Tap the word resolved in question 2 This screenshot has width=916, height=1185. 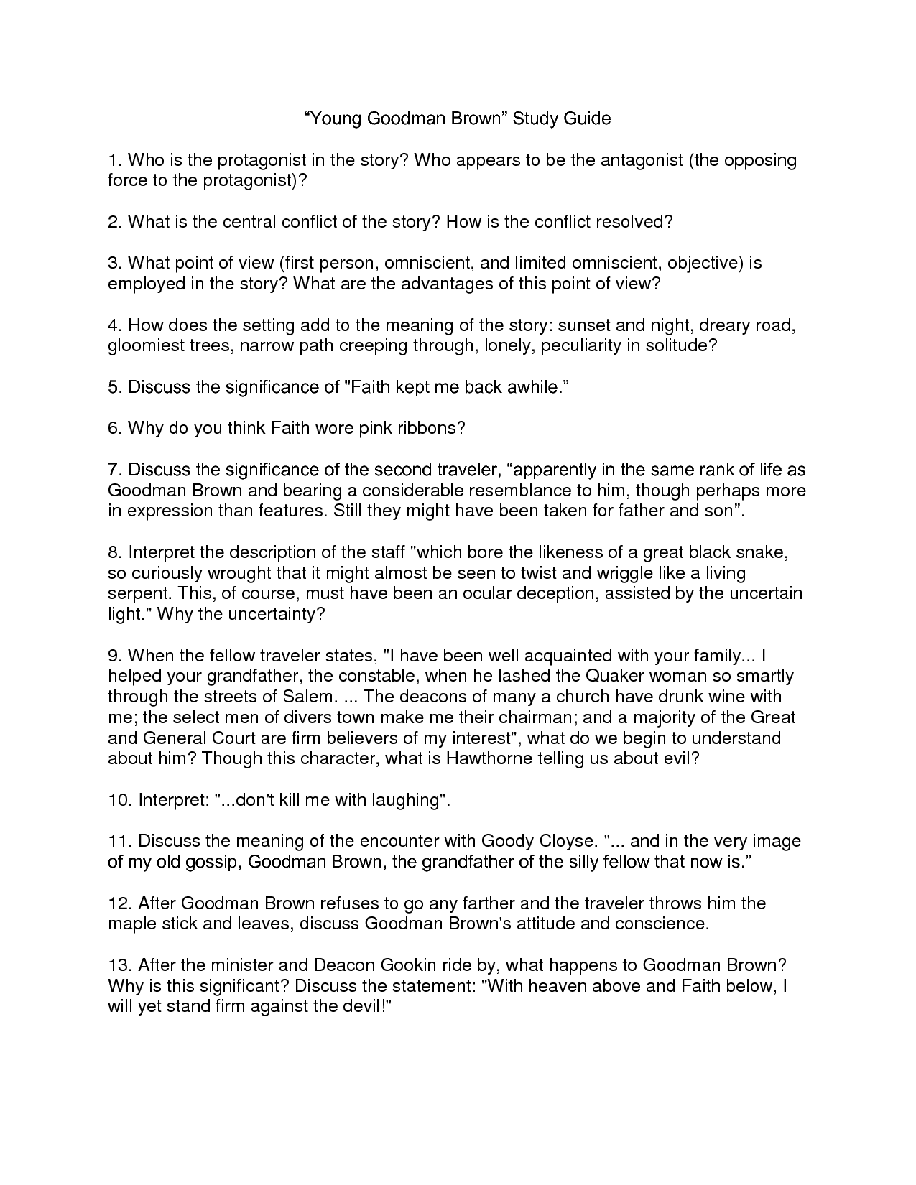637,222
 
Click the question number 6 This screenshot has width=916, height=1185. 116,429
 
